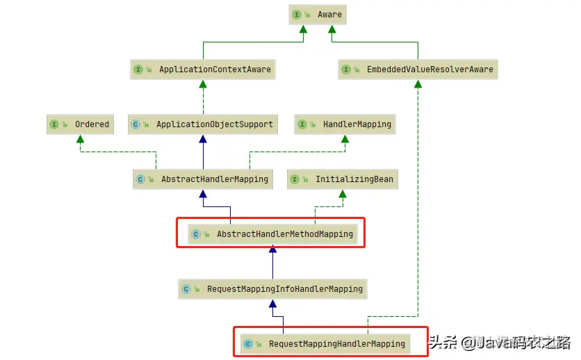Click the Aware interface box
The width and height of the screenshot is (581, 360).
pyautogui.click(x=317, y=15)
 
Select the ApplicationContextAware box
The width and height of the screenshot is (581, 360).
pyautogui.click(x=202, y=69)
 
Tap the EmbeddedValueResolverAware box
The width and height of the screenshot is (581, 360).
pyautogui.click(x=418, y=69)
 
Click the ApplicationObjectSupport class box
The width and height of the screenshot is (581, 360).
pyautogui.click(x=203, y=124)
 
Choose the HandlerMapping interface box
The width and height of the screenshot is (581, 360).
pyautogui.click(x=345, y=124)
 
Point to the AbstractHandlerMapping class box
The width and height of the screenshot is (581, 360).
pyautogui.click(x=202, y=179)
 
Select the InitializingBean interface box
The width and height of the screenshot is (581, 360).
pyautogui.click(x=342, y=179)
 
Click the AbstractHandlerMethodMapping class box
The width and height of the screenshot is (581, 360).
pyautogui.click(x=272, y=234)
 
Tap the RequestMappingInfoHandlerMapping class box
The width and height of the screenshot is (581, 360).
pyautogui.click(x=272, y=289)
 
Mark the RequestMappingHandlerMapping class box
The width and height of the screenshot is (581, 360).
pyautogui.click(x=324, y=344)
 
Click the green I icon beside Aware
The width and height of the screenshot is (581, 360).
pyautogui.click(x=296, y=15)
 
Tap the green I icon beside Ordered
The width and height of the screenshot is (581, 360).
pyautogui.click(x=54, y=125)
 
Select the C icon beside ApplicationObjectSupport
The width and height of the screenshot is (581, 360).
pyautogui.click(x=136, y=125)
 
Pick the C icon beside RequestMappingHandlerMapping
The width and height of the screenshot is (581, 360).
pyautogui.click(x=248, y=345)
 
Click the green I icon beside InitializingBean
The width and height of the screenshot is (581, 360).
pyautogui.click(x=295, y=180)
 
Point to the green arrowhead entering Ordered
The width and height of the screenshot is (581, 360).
pyautogui.click(x=80, y=139)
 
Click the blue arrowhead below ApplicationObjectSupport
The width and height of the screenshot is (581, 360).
pyautogui.click(x=203, y=139)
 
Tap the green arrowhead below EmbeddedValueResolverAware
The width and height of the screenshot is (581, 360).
pyautogui.click(x=418, y=84)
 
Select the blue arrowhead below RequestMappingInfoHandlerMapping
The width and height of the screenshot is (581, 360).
pyautogui.click(x=272, y=304)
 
